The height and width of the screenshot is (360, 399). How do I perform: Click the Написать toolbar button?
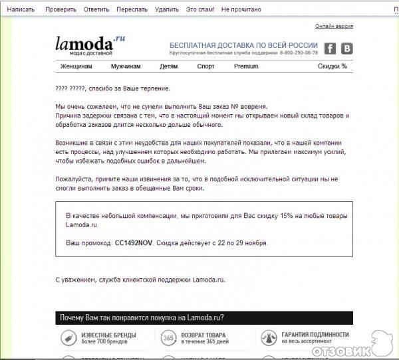pos(21,10)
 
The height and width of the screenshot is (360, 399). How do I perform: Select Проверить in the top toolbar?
pos(61,10)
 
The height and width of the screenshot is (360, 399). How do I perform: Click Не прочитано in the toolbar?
pos(241,10)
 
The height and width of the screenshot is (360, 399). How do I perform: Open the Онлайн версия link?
pos(334,26)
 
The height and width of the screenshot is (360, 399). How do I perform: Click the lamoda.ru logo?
pos(90,45)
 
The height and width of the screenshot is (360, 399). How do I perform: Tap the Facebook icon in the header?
pos(331,48)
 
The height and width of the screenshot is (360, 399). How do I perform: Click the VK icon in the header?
pos(346,48)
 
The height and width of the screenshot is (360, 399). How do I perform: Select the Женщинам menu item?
pos(76,66)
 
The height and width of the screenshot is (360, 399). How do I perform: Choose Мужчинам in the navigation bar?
pos(125,66)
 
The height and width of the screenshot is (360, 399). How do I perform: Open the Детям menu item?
pos(169,66)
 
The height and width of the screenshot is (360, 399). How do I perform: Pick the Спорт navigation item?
pos(205,66)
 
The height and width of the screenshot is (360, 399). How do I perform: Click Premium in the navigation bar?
pos(246,66)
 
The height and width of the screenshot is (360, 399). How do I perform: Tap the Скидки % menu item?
pos(332,66)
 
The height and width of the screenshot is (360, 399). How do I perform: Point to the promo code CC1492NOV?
pos(134,243)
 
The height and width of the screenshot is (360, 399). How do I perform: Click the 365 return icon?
pos(168,338)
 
